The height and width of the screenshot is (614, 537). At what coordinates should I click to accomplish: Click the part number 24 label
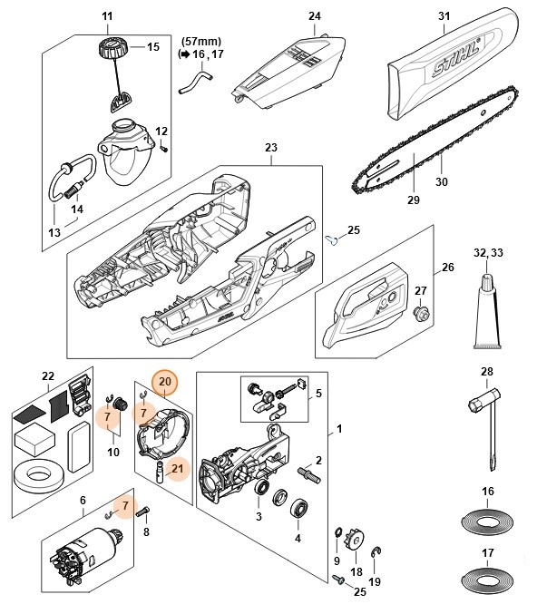[315, 16]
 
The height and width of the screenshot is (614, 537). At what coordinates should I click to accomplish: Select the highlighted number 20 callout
[164, 383]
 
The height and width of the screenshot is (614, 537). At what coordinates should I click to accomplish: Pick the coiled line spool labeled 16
[488, 524]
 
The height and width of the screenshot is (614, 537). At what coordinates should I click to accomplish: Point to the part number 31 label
[444, 16]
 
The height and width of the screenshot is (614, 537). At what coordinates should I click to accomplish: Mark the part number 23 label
[270, 148]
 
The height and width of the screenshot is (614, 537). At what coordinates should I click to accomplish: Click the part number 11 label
[107, 16]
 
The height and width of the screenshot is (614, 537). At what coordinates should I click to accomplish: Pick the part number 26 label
[447, 268]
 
